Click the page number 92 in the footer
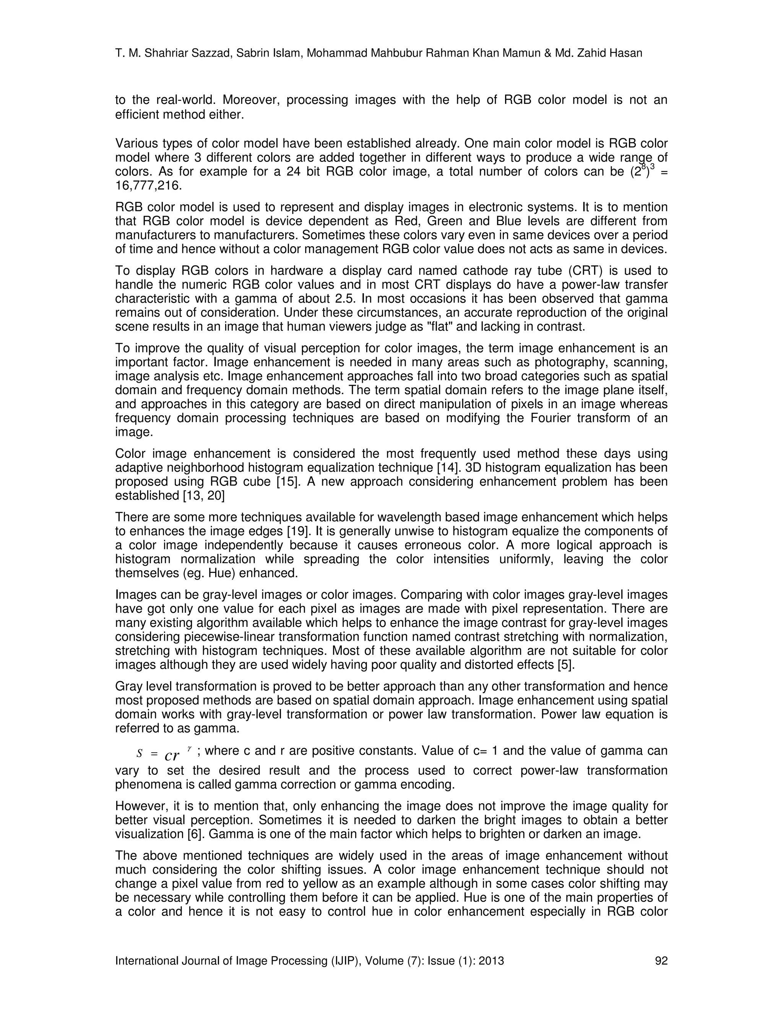[x=661, y=961]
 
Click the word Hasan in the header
[x=626, y=54]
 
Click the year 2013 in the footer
[x=491, y=961]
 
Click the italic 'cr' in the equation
[x=172, y=756]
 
